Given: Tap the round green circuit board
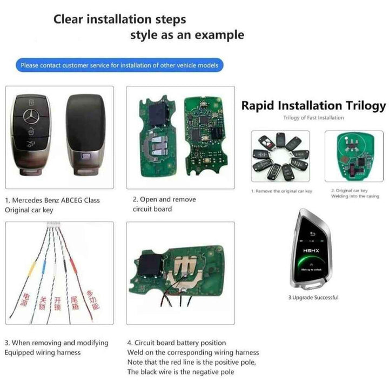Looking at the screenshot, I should point(352,155).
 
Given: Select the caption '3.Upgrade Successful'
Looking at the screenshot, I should point(313,298).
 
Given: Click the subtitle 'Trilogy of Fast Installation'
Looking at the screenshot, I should point(313,117).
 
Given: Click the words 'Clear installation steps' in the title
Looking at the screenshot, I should point(119,19).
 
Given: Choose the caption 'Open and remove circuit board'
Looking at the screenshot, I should point(164,204).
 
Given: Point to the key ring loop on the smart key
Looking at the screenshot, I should point(317,287).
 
